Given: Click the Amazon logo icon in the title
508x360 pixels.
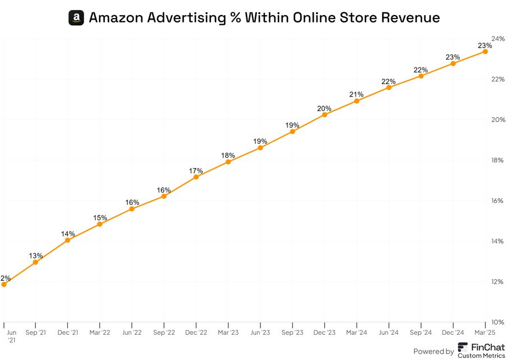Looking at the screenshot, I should pos(76,17).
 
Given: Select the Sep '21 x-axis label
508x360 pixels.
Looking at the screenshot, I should pos(35,332).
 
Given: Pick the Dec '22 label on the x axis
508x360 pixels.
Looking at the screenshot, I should pos(196,332).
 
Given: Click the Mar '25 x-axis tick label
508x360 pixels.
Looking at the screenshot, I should pos(486,332).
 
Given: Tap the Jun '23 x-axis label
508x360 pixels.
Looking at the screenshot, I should pos(260,332).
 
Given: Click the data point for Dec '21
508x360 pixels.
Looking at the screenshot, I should pos(67,240).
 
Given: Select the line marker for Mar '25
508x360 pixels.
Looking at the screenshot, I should pos(485,52).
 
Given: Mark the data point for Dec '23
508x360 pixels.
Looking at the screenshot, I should pos(324,115).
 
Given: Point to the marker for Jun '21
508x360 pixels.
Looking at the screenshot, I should pos(4,284).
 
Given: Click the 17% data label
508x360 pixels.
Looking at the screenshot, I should pos(196,171).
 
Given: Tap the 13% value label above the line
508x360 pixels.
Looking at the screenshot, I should pos(35,256).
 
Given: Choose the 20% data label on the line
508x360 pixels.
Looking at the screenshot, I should pos(324,108).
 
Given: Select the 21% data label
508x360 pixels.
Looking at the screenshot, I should pos(356,94).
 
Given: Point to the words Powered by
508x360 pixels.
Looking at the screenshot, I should pos(433,352).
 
